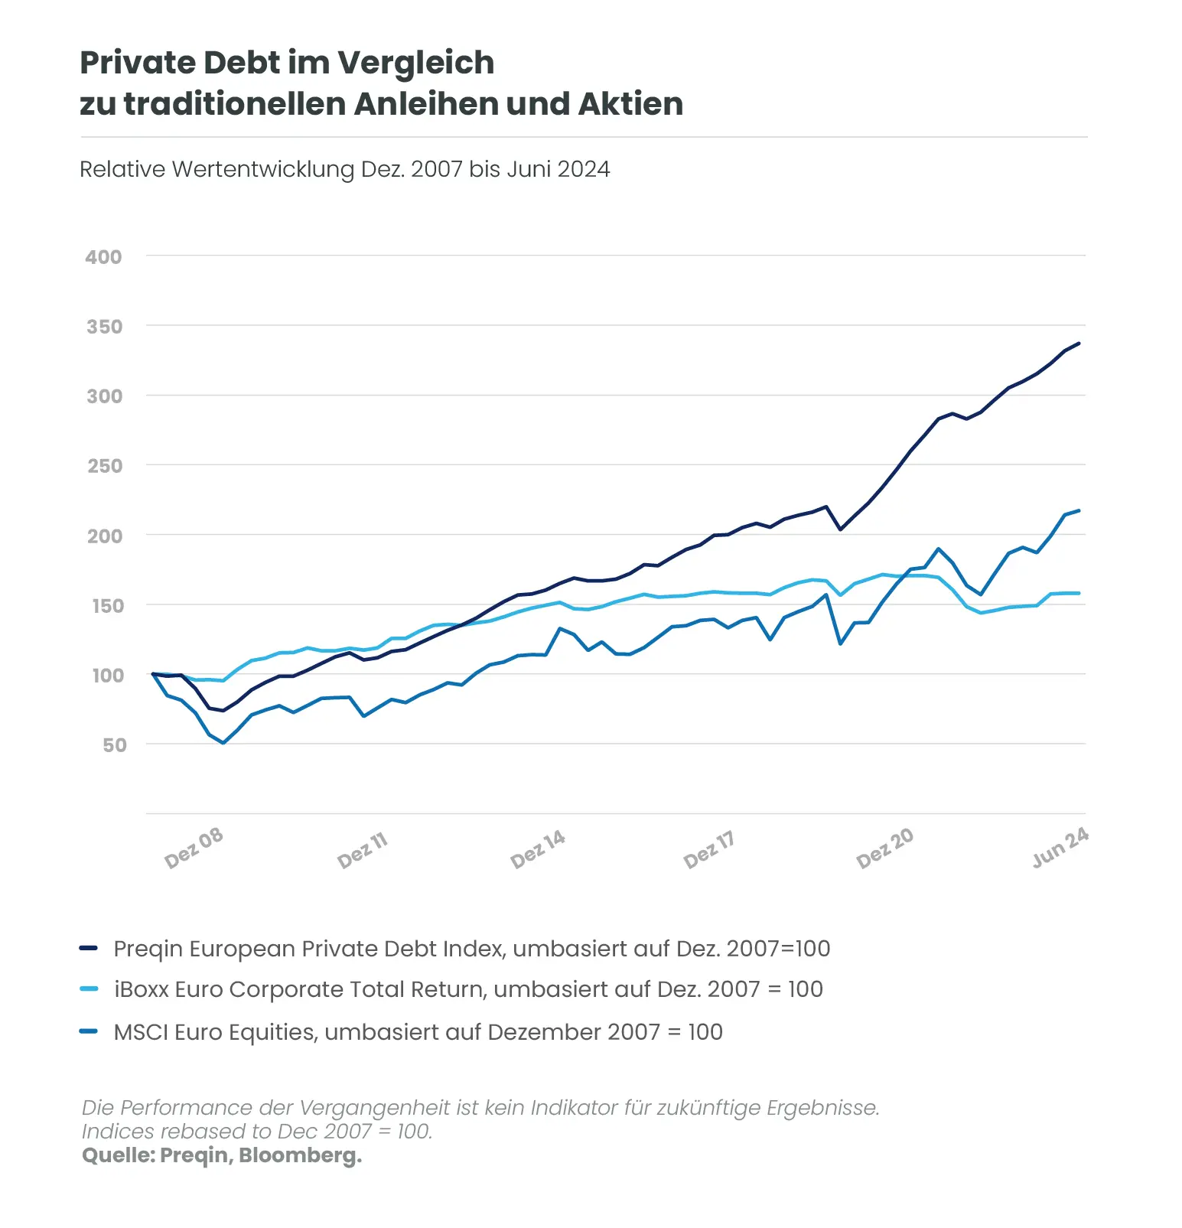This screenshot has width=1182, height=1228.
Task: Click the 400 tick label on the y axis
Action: (x=103, y=257)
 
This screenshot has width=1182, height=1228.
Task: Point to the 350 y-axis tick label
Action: (x=104, y=327)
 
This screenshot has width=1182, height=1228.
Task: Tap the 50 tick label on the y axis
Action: (x=114, y=745)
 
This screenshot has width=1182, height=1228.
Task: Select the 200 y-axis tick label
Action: (x=104, y=536)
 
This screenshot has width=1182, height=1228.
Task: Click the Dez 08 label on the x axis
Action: (x=194, y=847)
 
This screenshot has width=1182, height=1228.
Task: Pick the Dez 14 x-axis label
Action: (x=538, y=849)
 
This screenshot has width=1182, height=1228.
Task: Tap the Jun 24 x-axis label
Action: (x=1060, y=847)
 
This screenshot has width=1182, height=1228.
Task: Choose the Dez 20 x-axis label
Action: (x=884, y=848)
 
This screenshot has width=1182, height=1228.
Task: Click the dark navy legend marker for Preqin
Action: (x=89, y=949)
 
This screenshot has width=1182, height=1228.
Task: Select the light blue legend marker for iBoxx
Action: (x=89, y=989)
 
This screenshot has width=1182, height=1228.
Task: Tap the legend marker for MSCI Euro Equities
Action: (x=89, y=1031)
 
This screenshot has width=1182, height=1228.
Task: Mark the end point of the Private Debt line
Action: (x=1079, y=344)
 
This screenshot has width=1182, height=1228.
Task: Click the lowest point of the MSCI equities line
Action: (x=223, y=743)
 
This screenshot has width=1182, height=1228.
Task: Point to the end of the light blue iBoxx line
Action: (x=1079, y=593)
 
